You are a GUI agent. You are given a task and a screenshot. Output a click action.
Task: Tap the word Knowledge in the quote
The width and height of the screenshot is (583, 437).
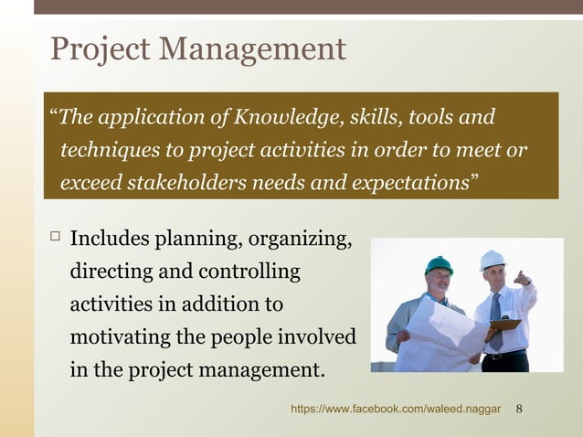(x=284, y=118)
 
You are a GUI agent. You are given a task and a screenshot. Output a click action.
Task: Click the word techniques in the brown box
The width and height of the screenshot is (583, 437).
(x=105, y=150)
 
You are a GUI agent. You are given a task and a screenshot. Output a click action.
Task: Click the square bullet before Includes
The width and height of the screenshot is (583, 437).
(x=54, y=239)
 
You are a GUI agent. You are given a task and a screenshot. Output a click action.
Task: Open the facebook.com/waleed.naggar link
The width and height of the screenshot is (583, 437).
(x=396, y=409)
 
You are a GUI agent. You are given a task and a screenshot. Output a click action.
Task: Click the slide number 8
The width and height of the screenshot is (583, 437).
(x=519, y=409)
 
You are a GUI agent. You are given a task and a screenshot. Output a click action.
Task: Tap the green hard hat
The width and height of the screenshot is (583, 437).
(x=439, y=265)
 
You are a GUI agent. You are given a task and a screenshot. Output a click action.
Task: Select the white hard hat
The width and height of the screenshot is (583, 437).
(x=493, y=260)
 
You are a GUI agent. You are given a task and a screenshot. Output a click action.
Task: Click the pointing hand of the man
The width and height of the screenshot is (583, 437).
(x=522, y=277)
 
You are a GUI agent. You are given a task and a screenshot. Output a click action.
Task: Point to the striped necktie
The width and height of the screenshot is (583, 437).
(x=495, y=320)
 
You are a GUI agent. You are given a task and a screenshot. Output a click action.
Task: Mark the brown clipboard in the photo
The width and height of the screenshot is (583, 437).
(x=504, y=324)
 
